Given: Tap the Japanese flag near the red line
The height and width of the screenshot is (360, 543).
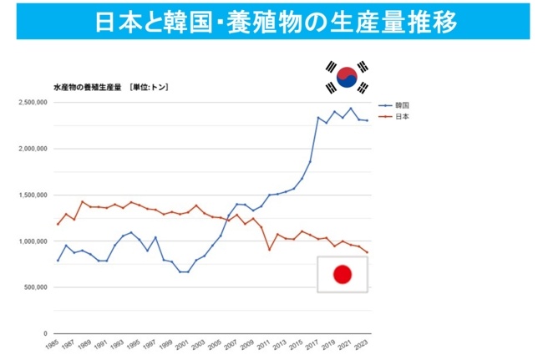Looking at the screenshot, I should point(342,274).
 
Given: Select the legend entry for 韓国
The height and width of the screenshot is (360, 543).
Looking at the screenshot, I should point(399,106).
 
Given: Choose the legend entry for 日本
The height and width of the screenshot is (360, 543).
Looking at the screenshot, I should point(399,116).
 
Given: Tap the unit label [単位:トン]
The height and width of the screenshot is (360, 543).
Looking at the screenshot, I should point(148,87).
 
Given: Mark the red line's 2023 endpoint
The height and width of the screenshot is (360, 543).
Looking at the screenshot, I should point(368,252).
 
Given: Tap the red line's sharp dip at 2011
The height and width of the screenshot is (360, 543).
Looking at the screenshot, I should point(270,249).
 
